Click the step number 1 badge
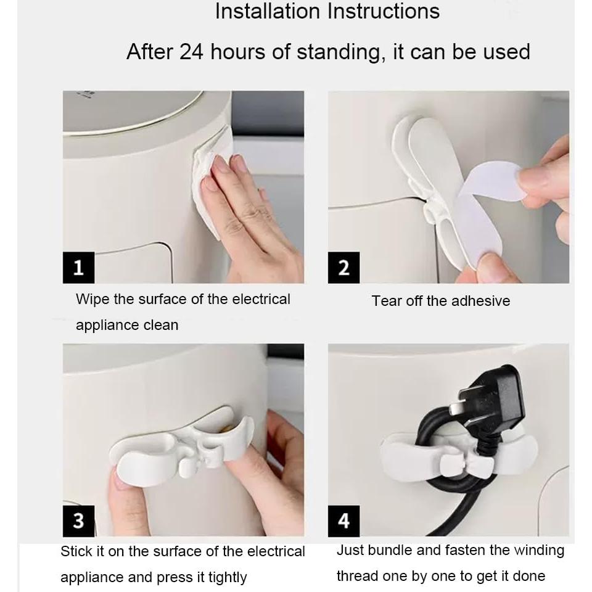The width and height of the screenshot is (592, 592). click(78, 268)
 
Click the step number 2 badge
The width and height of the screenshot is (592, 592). click(343, 268)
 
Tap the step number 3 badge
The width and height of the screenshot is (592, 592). click(78, 521)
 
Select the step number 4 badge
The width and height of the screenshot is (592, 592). click(343, 521)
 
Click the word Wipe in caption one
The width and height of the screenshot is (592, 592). click(92, 299)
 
